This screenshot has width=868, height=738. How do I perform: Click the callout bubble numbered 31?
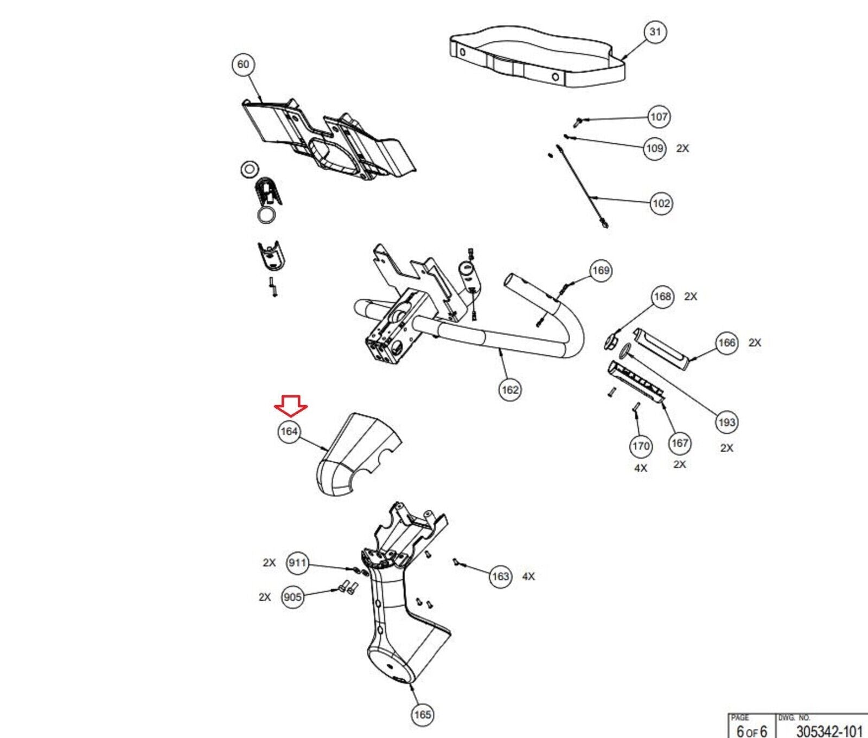pos(655,32)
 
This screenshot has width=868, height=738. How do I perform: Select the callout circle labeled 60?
pos(243,65)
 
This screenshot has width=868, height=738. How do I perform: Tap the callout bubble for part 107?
pos(659,117)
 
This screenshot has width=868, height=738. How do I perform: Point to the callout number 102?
pos(661,203)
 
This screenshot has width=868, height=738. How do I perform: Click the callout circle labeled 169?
pos(601,271)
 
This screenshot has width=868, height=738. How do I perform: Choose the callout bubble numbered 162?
pos(510,389)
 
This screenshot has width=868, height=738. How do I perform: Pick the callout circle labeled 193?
pos(726,422)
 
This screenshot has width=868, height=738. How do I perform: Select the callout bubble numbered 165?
pos(423,715)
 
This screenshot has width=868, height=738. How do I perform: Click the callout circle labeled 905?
pos(292,598)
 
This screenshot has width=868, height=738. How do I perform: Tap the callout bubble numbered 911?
pos(298,563)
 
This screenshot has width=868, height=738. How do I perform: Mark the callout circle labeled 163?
pos(500,576)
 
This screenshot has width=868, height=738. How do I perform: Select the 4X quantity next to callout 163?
pos(528,576)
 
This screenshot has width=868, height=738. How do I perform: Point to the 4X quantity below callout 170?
pos(641,468)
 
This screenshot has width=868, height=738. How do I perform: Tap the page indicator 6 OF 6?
pos(751,731)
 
